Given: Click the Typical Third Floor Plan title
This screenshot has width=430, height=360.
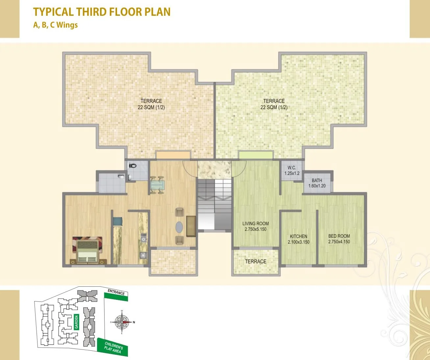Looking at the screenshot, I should coord(102,12).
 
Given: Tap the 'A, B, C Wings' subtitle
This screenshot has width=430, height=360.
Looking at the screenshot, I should coord(56,25).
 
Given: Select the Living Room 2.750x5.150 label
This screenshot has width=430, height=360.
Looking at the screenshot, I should coord(255,226).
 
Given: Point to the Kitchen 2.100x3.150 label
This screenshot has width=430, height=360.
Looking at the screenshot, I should coord(299,239).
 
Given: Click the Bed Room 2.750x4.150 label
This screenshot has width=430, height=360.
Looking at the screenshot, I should coord(339,239).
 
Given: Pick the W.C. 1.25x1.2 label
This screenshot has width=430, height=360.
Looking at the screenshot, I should coord(292,170).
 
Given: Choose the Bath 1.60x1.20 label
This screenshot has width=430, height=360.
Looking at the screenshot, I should coord(317,183).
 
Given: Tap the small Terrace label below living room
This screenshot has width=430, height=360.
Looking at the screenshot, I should coord(255,261).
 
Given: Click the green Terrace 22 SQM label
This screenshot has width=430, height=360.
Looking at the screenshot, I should coord(274,104).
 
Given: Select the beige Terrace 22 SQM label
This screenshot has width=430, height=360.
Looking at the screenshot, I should coord(151,104).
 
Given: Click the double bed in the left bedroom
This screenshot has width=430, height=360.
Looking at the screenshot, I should coord(87,251).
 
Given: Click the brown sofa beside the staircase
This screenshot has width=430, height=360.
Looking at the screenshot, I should coord(191,226).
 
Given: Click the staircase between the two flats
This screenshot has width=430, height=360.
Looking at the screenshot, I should coord(214,204).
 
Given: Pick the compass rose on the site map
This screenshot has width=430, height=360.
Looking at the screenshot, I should coord(122,322).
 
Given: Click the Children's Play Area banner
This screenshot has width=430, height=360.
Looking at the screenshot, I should coord(113,347).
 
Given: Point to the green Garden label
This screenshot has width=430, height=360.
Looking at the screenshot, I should coord(77,322).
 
